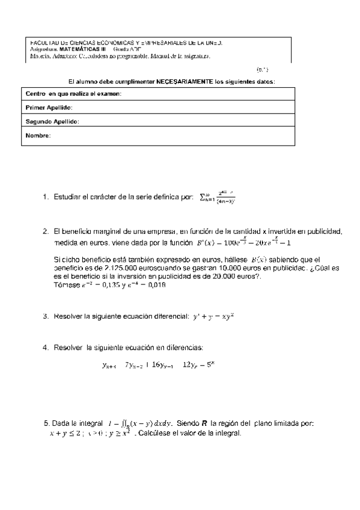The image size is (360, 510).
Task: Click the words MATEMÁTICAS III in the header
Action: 70,50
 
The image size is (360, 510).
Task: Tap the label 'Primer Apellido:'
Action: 49,107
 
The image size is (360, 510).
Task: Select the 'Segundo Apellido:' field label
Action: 52,121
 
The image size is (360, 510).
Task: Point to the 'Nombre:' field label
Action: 38,135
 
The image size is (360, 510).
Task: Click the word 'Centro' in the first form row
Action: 35,94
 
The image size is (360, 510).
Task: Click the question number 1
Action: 45,197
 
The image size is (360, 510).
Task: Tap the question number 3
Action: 45,316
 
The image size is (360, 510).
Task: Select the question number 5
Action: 46,423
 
